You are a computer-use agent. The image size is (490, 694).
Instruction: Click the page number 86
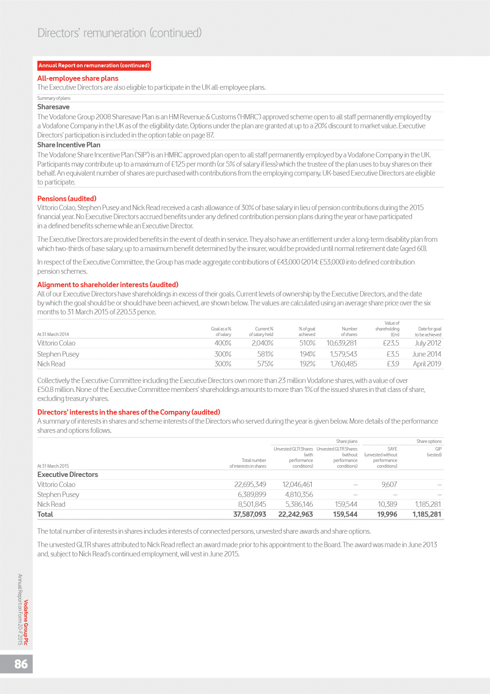[x=21, y=664]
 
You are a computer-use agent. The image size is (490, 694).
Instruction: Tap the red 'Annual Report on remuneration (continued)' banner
[x=94, y=65]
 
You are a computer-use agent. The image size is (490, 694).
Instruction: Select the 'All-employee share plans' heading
[x=78, y=78]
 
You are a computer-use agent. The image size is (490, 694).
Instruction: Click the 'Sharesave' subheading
[x=53, y=107]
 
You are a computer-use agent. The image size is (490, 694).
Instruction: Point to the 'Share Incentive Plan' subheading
[x=69, y=145]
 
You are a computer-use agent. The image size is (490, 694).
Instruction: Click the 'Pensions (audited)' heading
[x=67, y=198]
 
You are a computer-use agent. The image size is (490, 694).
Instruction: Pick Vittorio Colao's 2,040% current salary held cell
[x=262, y=343]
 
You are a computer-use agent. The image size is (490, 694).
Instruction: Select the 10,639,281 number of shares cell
[x=341, y=343]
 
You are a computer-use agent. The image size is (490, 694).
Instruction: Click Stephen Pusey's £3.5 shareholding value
[x=393, y=354]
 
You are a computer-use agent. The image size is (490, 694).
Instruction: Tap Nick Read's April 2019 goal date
[x=427, y=364]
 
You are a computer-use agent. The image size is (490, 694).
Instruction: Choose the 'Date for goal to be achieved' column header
[x=429, y=331]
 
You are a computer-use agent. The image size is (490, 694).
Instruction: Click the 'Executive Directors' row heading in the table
[x=67, y=474]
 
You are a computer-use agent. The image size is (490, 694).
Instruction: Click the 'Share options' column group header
[x=429, y=441]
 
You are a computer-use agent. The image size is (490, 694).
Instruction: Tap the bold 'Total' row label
[x=45, y=514]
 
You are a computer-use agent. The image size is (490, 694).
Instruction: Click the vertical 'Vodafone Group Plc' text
[x=26, y=622]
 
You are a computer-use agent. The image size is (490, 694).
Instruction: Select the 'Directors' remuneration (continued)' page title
[x=120, y=33]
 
